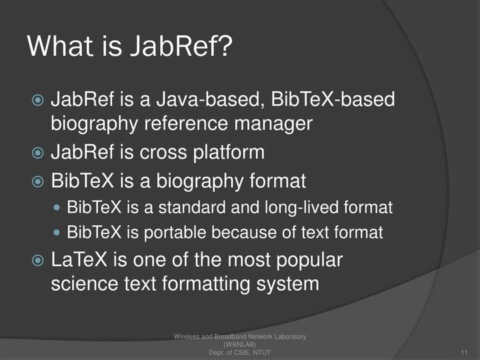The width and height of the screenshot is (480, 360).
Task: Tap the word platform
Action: point(228,152)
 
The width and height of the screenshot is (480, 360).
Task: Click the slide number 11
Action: point(464,351)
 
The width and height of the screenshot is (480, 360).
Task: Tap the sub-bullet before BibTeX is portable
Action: point(57,233)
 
